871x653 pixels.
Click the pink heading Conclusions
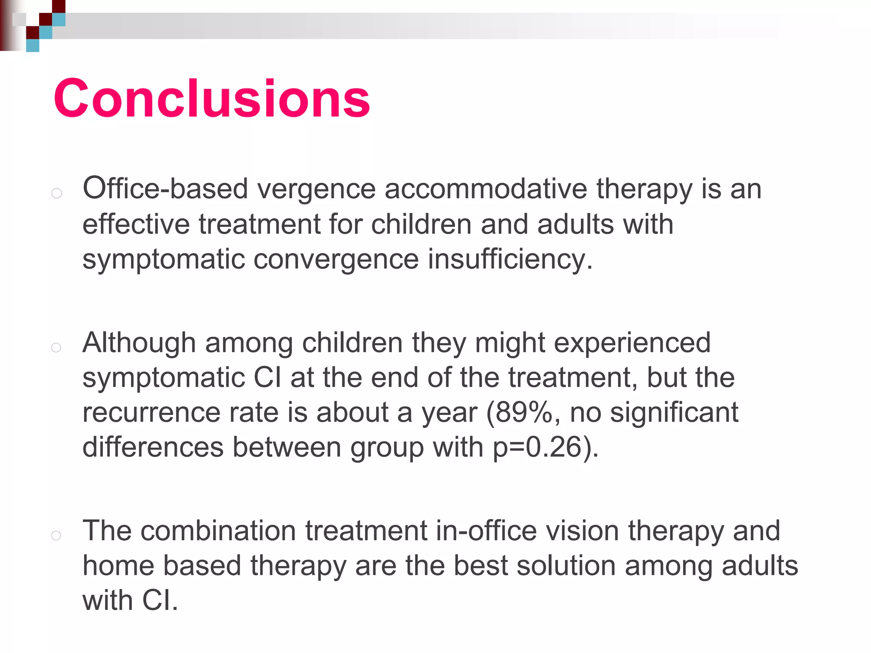(212, 99)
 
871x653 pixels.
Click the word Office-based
(165, 189)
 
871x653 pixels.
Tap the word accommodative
(486, 189)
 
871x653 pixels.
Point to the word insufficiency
(510, 259)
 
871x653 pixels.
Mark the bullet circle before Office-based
(57, 194)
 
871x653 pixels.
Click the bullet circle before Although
(57, 348)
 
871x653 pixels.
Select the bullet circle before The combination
(57, 536)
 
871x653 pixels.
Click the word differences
(153, 447)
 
